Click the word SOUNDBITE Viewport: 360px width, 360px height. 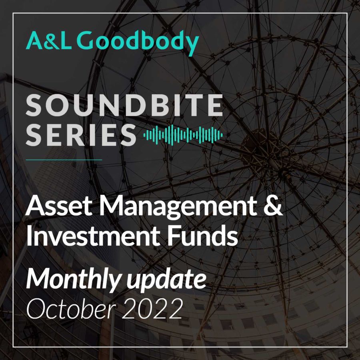[x=124, y=105]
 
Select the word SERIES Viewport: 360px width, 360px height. [x=81, y=135]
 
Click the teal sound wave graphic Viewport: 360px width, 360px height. [x=183, y=135]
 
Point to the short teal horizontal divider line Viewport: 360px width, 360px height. [x=64, y=160]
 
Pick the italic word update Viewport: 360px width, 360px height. [x=167, y=280]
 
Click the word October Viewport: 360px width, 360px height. [x=71, y=308]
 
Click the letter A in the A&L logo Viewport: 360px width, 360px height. [x=34, y=41]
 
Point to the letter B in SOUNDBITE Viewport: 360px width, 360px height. [x=158, y=105]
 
